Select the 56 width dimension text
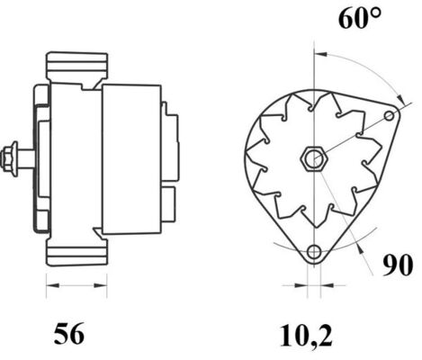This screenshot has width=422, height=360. (68, 335)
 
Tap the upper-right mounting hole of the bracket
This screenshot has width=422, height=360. (389, 116)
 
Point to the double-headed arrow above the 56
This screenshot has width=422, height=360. (69, 286)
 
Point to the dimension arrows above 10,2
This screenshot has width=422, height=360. (312, 286)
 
